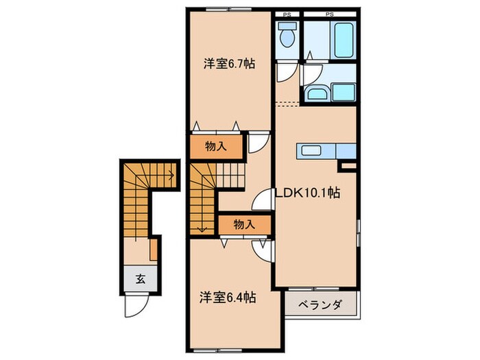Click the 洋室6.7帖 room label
pos(229,64)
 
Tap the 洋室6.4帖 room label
pos(229,298)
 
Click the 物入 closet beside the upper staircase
pos(216,145)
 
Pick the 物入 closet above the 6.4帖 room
pos(243,224)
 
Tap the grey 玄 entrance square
pos(139,278)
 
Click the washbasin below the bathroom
pos(317,93)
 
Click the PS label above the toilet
pos(287,13)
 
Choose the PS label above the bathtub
pos(329,13)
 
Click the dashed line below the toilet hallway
pos(289,104)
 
